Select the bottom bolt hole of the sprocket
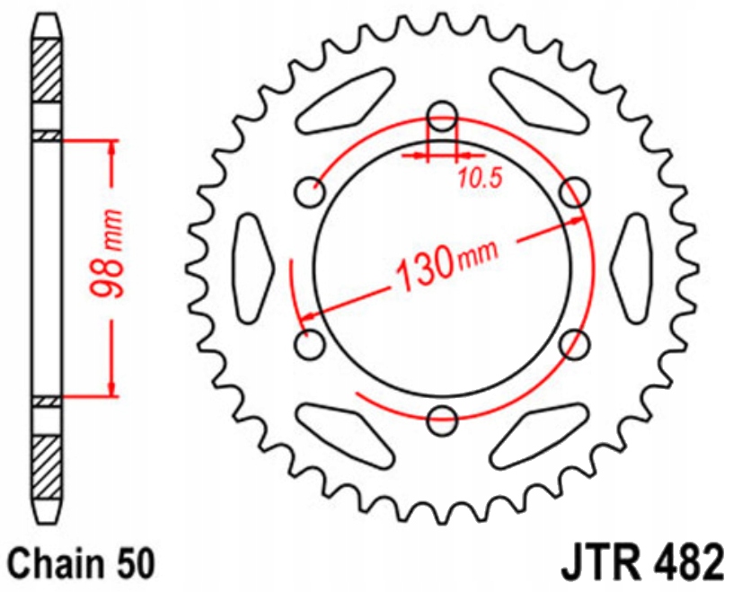(442, 417)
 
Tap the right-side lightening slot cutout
(632, 267)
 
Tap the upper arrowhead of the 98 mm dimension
(111, 148)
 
